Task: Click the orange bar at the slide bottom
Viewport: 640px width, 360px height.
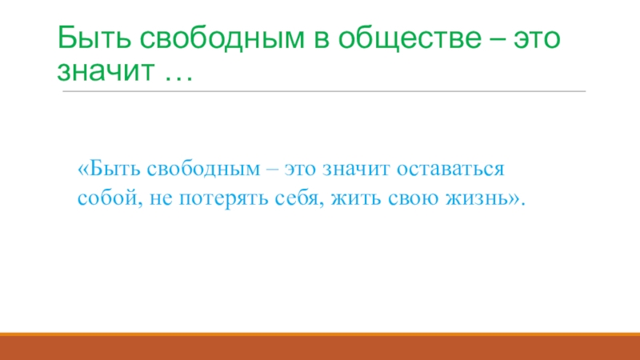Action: pos(320,347)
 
